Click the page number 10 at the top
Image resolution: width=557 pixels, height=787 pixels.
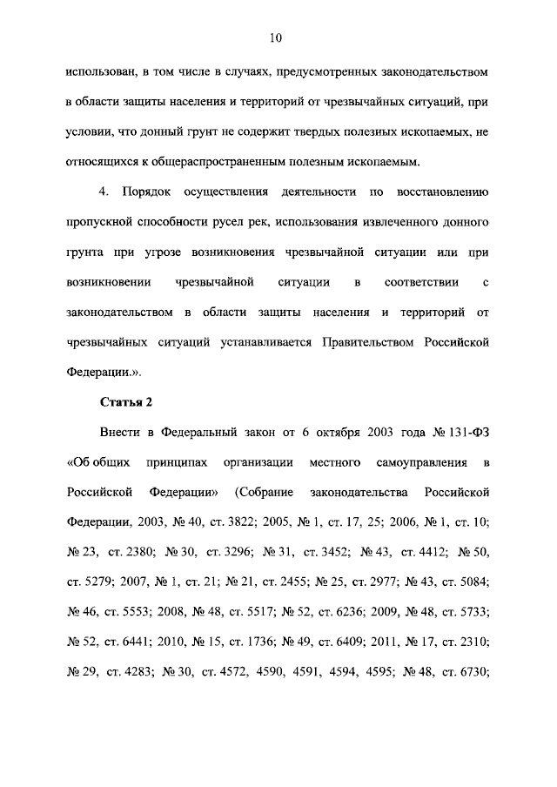click(276, 37)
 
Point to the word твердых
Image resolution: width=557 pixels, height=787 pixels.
click(312, 131)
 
